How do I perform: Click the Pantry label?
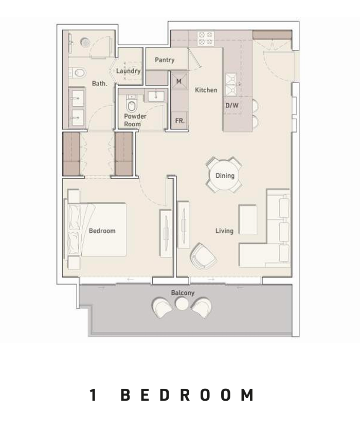click(x=165, y=60)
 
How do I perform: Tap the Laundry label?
click(x=128, y=71)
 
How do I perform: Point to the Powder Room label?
click(x=135, y=120)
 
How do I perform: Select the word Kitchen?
click(x=206, y=90)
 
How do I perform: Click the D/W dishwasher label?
click(x=232, y=105)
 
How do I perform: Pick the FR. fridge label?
click(x=179, y=121)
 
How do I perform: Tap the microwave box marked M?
click(x=179, y=81)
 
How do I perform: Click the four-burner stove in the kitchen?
click(x=206, y=38)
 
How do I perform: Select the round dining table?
click(x=225, y=175)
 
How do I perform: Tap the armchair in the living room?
click(x=203, y=256)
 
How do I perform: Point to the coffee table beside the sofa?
click(x=248, y=220)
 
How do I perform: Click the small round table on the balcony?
click(x=182, y=304)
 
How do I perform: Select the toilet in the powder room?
click(x=132, y=104)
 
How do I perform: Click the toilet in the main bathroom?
click(x=77, y=73)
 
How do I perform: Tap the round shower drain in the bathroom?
click(x=85, y=42)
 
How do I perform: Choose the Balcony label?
click(x=183, y=293)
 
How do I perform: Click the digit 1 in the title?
click(x=94, y=395)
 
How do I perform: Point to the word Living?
click(x=224, y=231)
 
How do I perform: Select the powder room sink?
click(x=156, y=96)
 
